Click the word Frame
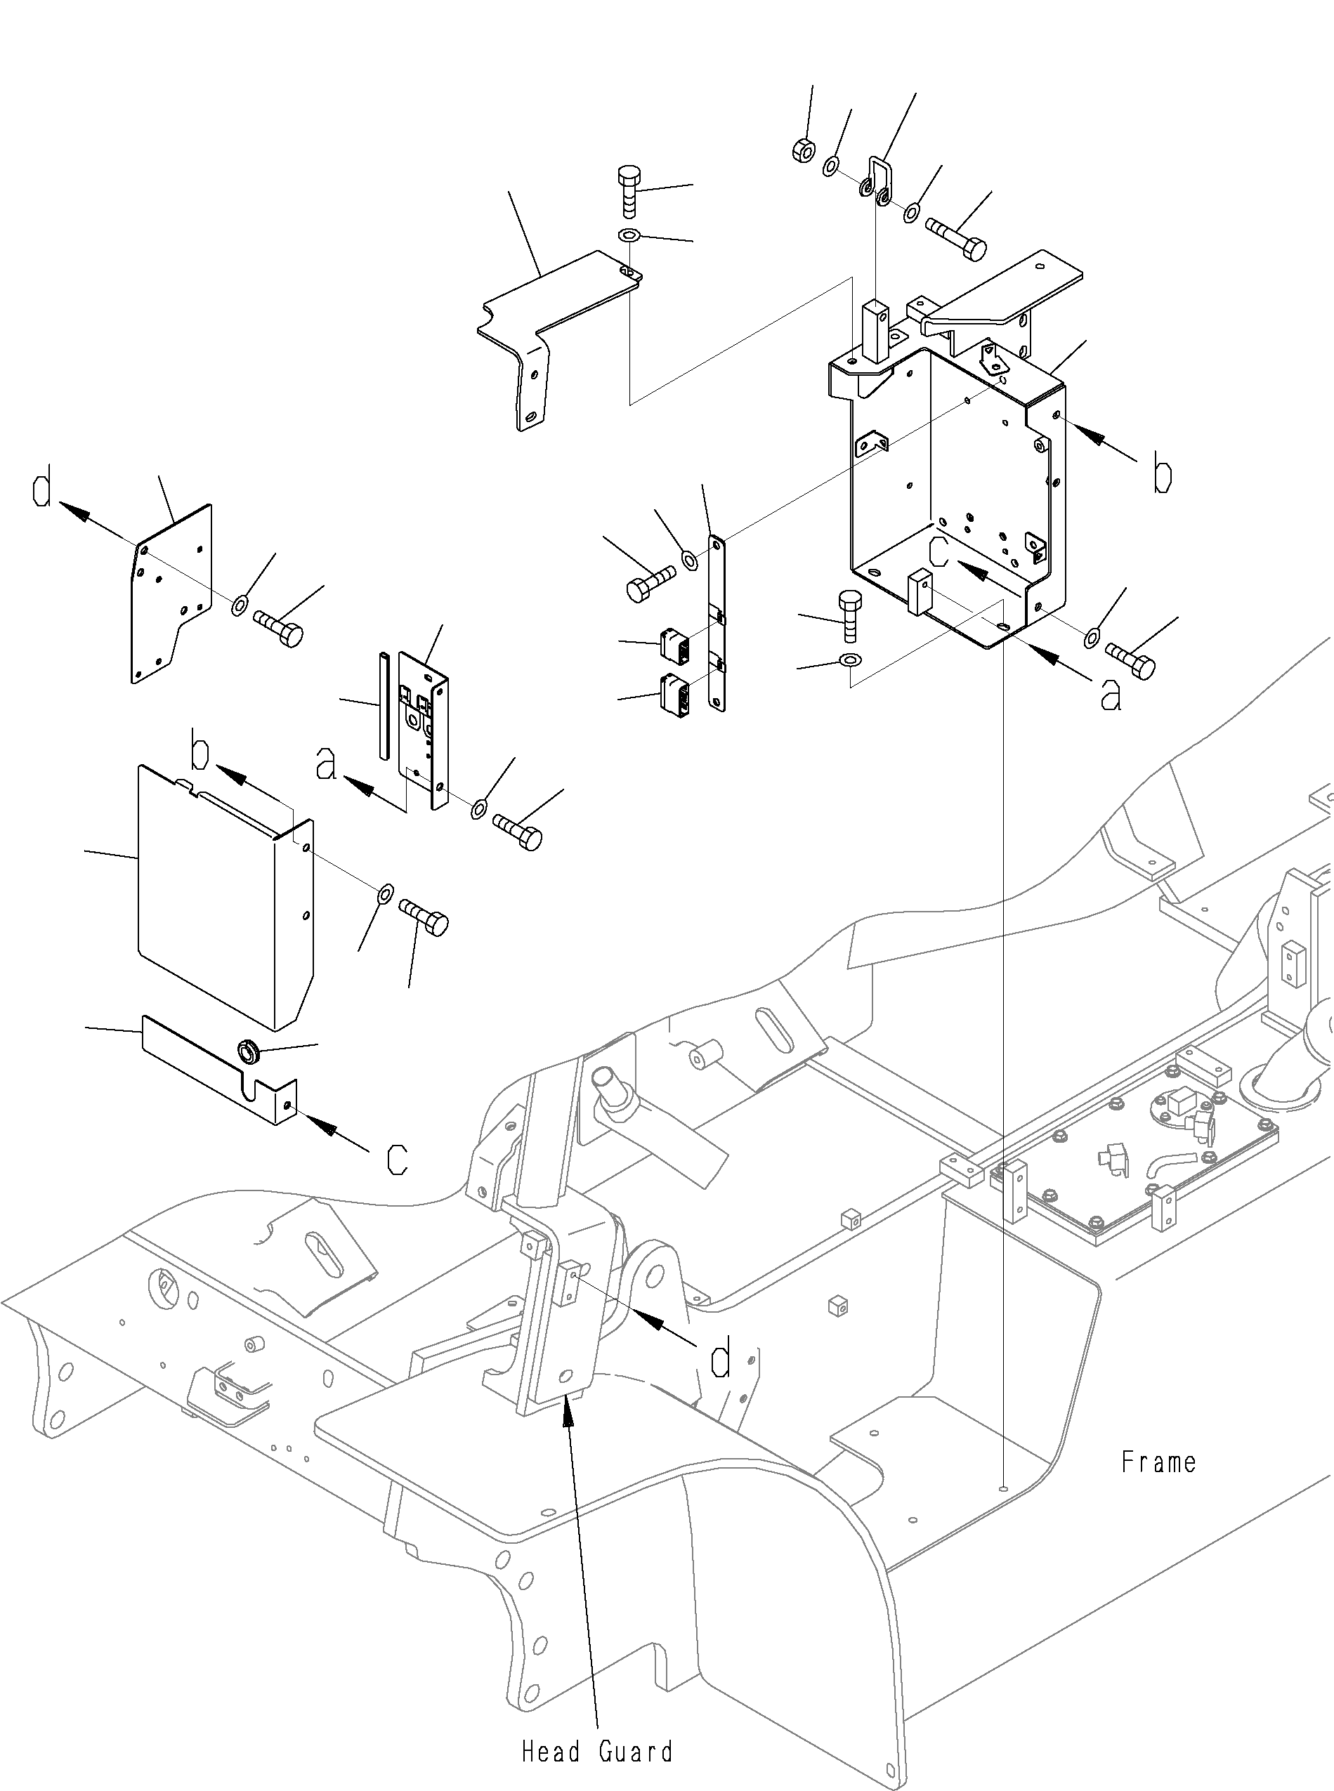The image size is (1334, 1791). pyautogui.click(x=1159, y=1462)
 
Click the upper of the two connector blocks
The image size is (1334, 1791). pyautogui.click(x=674, y=643)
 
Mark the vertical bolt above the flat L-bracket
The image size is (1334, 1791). pyautogui.click(x=628, y=190)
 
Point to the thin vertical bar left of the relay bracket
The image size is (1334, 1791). pyautogui.click(x=384, y=705)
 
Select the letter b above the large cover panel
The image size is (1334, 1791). pyautogui.click(x=200, y=749)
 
